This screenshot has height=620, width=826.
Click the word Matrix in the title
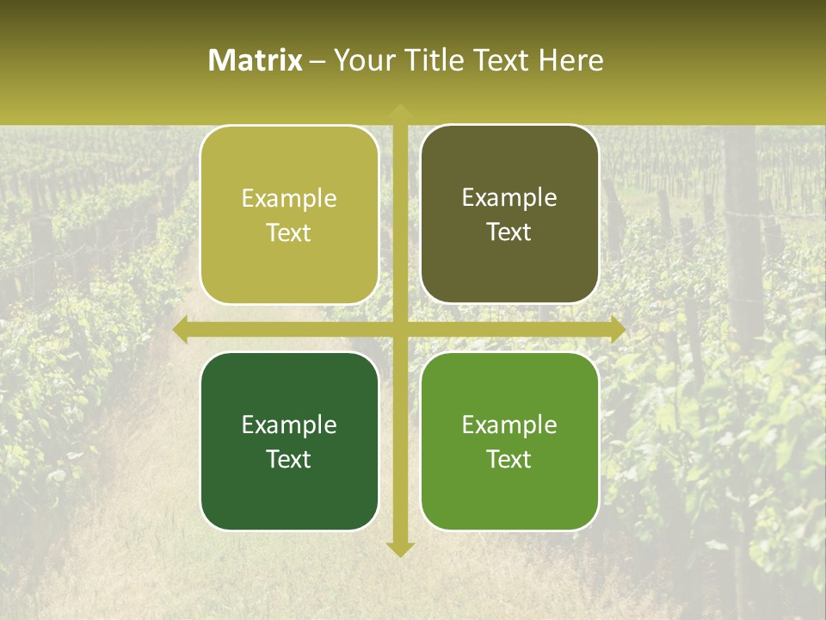tap(256, 60)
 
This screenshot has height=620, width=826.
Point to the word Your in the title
tap(361, 60)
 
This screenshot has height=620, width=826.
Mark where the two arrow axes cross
tap(399, 329)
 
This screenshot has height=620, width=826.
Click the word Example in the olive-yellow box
tap(289, 199)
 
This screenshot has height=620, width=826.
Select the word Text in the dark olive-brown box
tap(509, 232)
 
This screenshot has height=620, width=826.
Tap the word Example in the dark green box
tap(289, 425)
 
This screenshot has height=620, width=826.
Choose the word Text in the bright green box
tap(509, 459)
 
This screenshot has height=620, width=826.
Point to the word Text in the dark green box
tap(289, 459)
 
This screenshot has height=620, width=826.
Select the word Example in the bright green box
tap(509, 425)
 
